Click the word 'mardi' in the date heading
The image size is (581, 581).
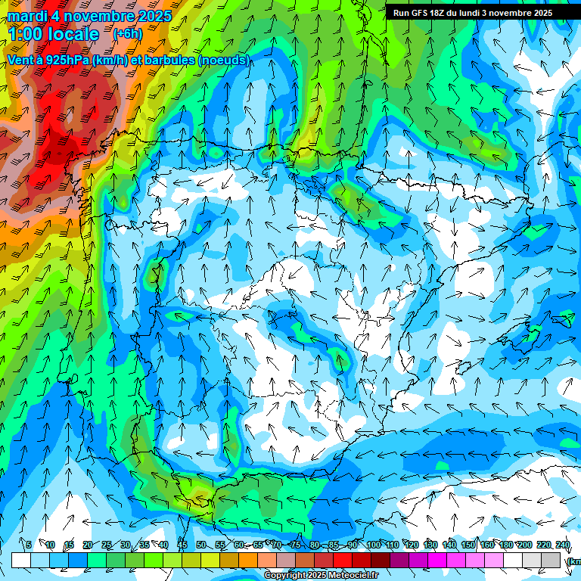pos(27,16)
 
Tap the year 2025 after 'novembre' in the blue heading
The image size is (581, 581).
pos(154,16)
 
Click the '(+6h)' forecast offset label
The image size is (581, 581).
pos(127,34)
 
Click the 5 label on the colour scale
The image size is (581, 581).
pos(29,545)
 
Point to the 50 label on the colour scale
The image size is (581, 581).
pos(200,545)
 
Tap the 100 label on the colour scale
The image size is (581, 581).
pos(373,545)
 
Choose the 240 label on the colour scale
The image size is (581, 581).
pos(563,545)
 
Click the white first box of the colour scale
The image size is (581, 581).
pos(21,560)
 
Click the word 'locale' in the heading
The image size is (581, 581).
pos(73,34)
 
